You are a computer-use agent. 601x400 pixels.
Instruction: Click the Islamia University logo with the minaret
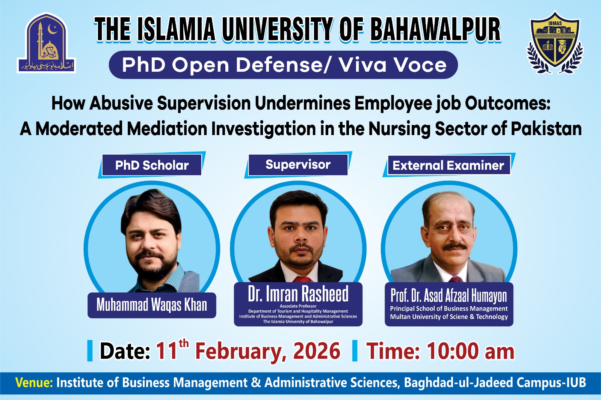point(47,43)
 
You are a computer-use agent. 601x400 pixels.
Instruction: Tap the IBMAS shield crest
point(555,42)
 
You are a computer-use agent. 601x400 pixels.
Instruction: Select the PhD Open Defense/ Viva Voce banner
point(284,65)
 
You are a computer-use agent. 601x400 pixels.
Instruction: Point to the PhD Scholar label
point(152,165)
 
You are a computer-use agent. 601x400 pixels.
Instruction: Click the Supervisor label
point(298,164)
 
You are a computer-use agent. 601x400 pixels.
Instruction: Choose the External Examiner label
point(448,165)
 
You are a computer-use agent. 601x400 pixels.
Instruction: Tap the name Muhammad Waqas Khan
point(152,305)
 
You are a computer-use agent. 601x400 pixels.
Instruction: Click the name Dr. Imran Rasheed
point(298,294)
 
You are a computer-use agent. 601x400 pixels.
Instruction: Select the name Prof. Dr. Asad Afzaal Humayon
point(448,296)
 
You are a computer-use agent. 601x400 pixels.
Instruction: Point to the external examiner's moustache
point(455,247)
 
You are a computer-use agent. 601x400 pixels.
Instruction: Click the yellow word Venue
point(34,382)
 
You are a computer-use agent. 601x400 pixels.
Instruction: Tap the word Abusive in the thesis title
point(121,103)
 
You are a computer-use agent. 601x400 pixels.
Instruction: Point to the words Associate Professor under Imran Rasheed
point(298,306)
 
